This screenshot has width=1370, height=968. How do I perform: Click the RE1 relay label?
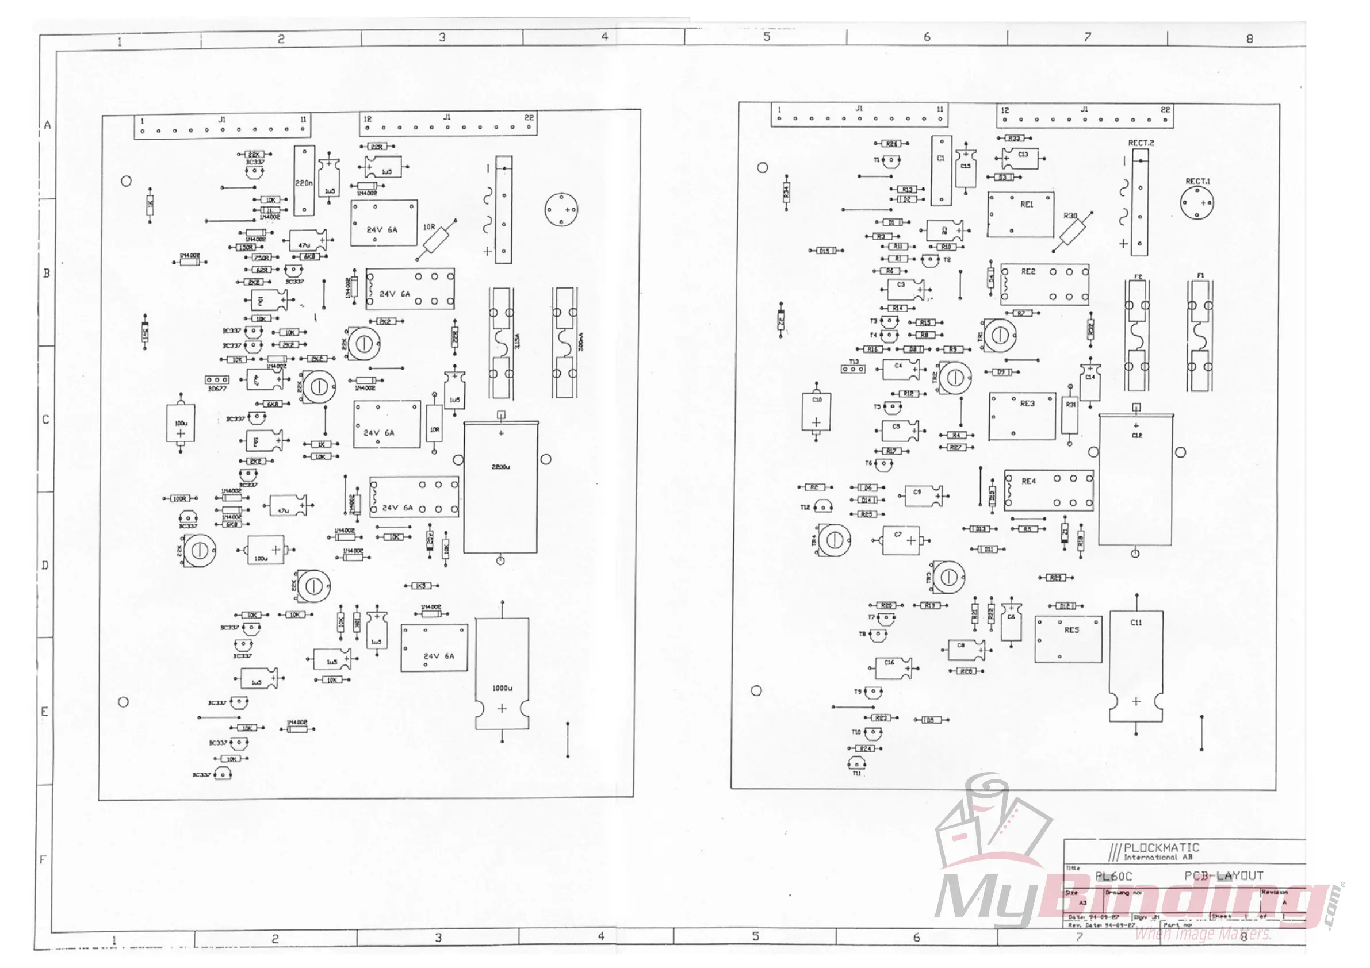1026,204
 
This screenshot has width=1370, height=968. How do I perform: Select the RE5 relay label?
1071,630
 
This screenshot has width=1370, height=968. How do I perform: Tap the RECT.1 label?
1197,180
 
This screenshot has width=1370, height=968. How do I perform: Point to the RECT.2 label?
1141,143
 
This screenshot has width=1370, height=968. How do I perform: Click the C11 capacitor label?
1136,622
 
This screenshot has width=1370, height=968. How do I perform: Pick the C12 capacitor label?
1136,435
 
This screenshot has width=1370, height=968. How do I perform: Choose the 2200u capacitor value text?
500,467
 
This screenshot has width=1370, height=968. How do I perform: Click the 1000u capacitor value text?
502,687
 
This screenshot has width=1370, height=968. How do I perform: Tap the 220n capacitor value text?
304,183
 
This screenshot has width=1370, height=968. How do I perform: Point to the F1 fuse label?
1200,275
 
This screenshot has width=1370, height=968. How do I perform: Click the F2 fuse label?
1138,276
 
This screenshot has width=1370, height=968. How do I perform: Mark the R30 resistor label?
1070,216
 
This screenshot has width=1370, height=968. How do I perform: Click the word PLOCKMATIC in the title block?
1161,847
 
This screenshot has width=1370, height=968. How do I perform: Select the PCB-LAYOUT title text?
1224,875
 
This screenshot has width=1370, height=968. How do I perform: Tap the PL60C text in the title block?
1113,876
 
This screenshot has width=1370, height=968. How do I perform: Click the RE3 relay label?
1027,404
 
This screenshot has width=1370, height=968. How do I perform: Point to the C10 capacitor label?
817,400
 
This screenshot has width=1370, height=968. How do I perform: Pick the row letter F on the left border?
43,859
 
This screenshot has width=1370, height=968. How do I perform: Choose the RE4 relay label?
1029,481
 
